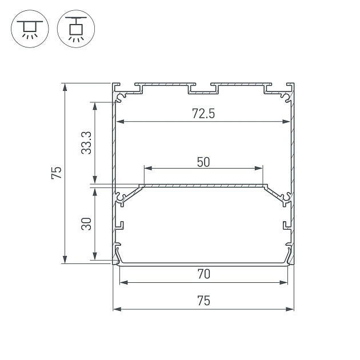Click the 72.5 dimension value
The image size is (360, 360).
[x=203, y=114]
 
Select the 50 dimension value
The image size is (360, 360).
[x=203, y=162]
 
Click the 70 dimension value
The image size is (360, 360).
[x=203, y=274]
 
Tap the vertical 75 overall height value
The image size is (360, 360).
[x=55, y=173]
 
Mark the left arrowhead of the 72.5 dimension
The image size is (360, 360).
[x=119, y=121]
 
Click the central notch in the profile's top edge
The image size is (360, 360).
[x=203, y=90]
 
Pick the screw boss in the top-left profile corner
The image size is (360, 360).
[x=121, y=98]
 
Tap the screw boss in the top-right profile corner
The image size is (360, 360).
[x=285, y=98]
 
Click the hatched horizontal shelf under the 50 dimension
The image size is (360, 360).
[x=203, y=186]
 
